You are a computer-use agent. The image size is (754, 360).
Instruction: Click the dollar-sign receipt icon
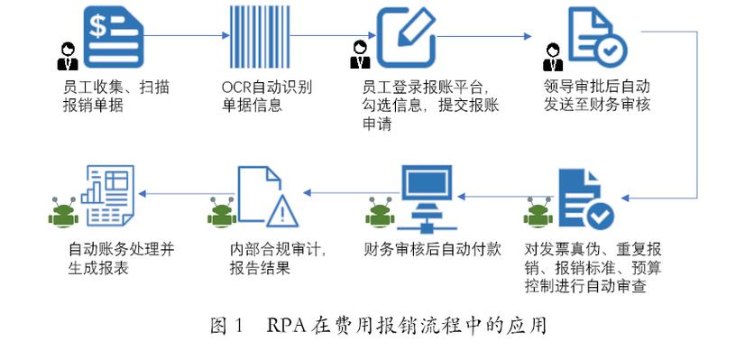point(114,36)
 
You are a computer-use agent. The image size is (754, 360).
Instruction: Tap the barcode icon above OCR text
point(260,37)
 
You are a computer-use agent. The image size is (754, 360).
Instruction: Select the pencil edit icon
point(407,37)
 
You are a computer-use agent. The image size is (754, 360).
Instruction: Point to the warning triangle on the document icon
point(283,211)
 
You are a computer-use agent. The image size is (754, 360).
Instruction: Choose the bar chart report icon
point(107,196)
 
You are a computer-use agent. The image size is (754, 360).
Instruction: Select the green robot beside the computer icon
point(380,212)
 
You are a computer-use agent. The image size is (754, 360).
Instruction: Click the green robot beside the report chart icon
point(63,212)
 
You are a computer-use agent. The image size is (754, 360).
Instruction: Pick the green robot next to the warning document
point(222,212)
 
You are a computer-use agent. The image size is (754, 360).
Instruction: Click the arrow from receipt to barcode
point(187,35)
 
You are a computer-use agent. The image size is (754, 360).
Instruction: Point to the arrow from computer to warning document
point(351,193)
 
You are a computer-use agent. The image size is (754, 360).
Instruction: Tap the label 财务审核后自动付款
point(433,250)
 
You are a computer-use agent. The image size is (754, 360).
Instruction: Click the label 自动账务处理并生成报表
point(121,259)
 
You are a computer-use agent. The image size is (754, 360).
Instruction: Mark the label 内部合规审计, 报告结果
point(279,259)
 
